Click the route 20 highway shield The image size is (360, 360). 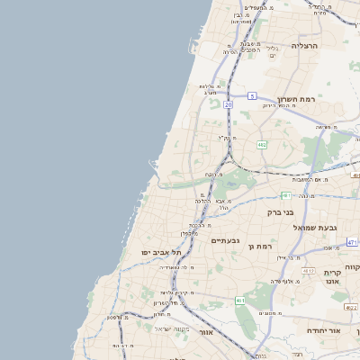coord(229,105)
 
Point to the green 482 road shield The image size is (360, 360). coord(262,143)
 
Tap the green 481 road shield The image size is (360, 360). coord(285,194)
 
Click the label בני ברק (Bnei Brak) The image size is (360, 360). coord(282,212)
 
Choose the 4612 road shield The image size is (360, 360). coord(308,270)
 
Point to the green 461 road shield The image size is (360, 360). coord(240,300)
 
